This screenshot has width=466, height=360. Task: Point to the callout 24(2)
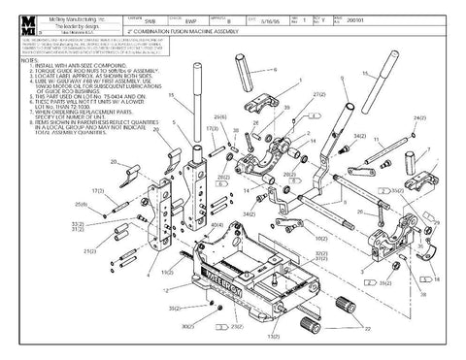[419, 117]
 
